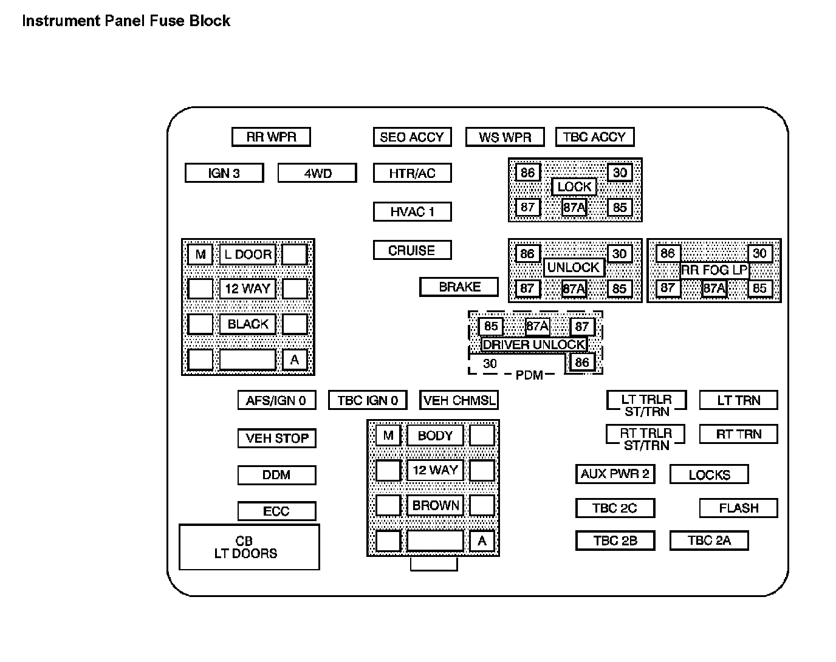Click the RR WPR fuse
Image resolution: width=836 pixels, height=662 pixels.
(271, 137)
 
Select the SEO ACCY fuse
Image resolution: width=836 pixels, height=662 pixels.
(412, 137)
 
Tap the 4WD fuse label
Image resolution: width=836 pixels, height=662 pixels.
(317, 173)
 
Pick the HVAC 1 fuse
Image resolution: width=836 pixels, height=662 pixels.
(412, 212)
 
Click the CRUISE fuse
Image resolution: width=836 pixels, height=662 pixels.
(412, 250)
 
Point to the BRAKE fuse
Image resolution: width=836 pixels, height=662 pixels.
(459, 287)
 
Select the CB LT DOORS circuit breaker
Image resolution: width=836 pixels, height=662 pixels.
(249, 547)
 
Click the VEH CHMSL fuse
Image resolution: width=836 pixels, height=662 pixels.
(459, 400)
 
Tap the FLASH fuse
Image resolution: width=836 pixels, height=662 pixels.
(738, 508)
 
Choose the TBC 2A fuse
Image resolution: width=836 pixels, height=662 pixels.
(708, 541)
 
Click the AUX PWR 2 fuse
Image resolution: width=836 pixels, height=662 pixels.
(615, 474)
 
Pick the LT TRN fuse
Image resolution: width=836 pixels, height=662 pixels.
(738, 400)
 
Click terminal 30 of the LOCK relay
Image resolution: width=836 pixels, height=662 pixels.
(619, 172)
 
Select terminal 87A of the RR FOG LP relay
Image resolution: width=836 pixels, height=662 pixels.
(714, 288)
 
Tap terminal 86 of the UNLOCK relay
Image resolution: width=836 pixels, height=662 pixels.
(527, 253)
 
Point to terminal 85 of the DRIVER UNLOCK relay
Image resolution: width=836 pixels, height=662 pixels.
(490, 326)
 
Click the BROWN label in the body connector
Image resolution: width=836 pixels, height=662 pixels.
(435, 505)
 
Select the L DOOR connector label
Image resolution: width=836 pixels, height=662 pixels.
(248, 254)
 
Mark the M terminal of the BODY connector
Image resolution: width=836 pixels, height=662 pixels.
(388, 435)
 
